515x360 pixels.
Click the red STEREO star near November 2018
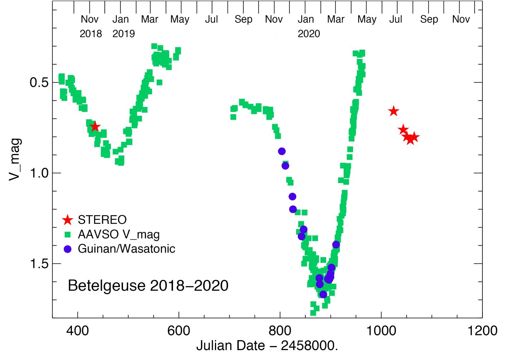click(x=95, y=126)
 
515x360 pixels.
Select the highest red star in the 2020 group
click(x=393, y=111)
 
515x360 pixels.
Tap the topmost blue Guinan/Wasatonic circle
click(x=282, y=151)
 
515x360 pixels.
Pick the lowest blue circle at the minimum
click(x=323, y=294)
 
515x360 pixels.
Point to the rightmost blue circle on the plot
click(x=336, y=245)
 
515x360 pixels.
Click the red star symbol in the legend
click(x=67, y=220)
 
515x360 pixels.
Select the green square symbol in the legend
click(x=67, y=235)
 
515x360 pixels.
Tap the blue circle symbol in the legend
click(x=67, y=249)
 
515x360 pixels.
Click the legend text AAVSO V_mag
click(x=118, y=235)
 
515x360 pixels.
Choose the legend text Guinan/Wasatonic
click(x=126, y=249)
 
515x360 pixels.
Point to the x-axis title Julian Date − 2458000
click(x=267, y=346)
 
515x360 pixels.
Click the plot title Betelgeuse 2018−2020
click(x=148, y=286)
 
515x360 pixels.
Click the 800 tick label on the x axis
click(x=280, y=331)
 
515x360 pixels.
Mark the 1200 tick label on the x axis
click(x=482, y=331)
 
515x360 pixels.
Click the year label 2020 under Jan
click(x=309, y=34)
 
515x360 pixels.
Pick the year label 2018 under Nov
click(x=90, y=34)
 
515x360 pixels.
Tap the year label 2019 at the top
click(x=123, y=34)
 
